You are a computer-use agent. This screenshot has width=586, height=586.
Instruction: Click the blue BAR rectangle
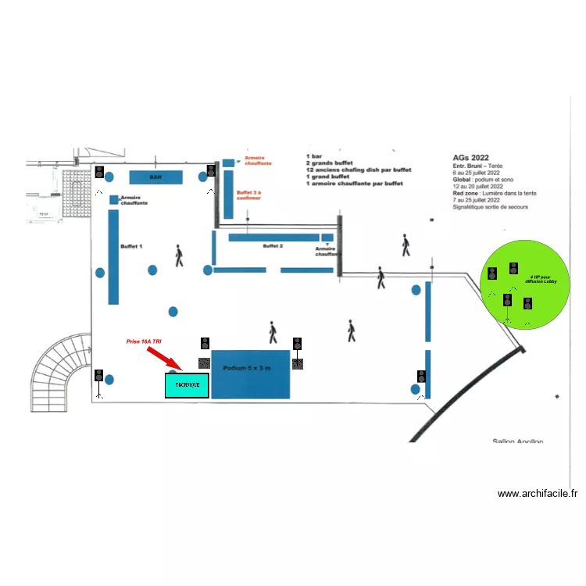(155, 177)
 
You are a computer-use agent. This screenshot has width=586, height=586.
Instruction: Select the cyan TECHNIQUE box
(187, 386)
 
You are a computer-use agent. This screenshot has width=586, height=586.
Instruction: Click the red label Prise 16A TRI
(145, 341)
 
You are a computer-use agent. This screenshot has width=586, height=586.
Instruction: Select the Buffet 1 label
(131, 246)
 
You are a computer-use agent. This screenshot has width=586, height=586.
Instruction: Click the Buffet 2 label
(273, 246)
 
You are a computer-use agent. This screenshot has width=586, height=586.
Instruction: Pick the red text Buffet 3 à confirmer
(248, 195)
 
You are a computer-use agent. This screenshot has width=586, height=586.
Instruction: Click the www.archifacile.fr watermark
(538, 494)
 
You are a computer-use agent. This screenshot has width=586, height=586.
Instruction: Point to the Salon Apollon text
(517, 441)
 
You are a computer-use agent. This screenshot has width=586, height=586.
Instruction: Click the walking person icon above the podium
(273, 333)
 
